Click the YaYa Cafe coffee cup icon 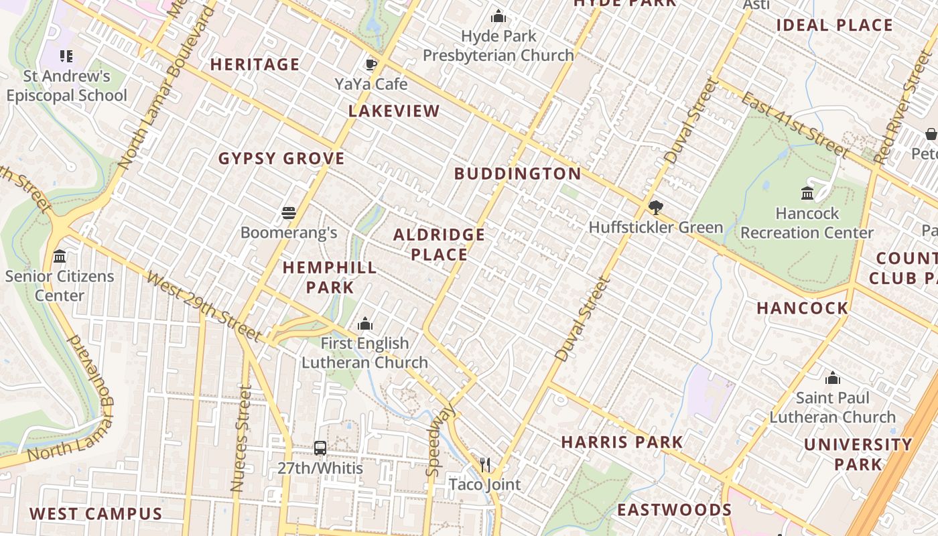pyautogui.click(x=371, y=64)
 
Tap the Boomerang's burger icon pyautogui.click(x=289, y=213)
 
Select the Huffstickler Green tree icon pyautogui.click(x=655, y=207)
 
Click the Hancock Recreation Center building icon pyautogui.click(x=807, y=194)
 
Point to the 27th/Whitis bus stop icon pyautogui.click(x=320, y=448)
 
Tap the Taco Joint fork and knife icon pyautogui.click(x=485, y=464)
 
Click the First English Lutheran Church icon pyautogui.click(x=365, y=324)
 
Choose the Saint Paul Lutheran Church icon pyautogui.click(x=833, y=379)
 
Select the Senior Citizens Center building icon pyautogui.click(x=60, y=257)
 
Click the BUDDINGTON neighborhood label pyautogui.click(x=518, y=174)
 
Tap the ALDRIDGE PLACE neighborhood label pyautogui.click(x=440, y=245)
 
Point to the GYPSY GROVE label pyautogui.click(x=281, y=159)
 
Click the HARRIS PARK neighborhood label pyautogui.click(x=622, y=442)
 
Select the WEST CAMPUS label pyautogui.click(x=96, y=514)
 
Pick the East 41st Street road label pyautogui.click(x=795, y=125)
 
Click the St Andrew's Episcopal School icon pyautogui.click(x=66, y=56)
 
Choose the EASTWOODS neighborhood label pyautogui.click(x=674, y=510)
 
